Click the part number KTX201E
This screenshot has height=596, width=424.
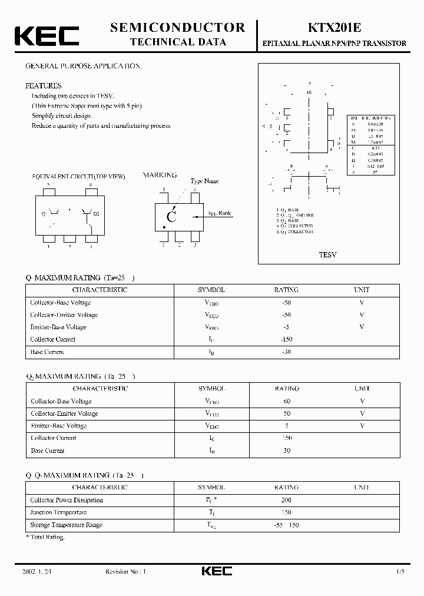click(333, 28)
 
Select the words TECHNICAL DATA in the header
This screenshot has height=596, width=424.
click(177, 42)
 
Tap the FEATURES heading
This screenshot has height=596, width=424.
click(43, 85)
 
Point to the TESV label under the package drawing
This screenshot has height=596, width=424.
click(327, 255)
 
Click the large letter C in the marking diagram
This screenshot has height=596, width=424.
click(171, 216)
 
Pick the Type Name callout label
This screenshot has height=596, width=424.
click(204, 181)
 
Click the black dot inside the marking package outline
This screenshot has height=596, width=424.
click(164, 227)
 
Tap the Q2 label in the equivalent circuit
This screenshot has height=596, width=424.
click(97, 214)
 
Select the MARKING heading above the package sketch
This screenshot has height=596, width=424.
click(160, 176)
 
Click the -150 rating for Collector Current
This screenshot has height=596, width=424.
click(286, 339)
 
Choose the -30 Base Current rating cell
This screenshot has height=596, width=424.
click(286, 352)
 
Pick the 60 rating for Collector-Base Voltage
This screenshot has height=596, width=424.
click(287, 401)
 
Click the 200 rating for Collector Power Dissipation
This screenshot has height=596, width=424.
click(287, 500)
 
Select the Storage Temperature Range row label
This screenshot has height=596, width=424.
click(66, 525)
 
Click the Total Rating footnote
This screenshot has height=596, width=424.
click(45, 537)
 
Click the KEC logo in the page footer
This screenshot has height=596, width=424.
click(217, 571)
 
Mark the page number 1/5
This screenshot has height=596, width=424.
click(400, 572)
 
